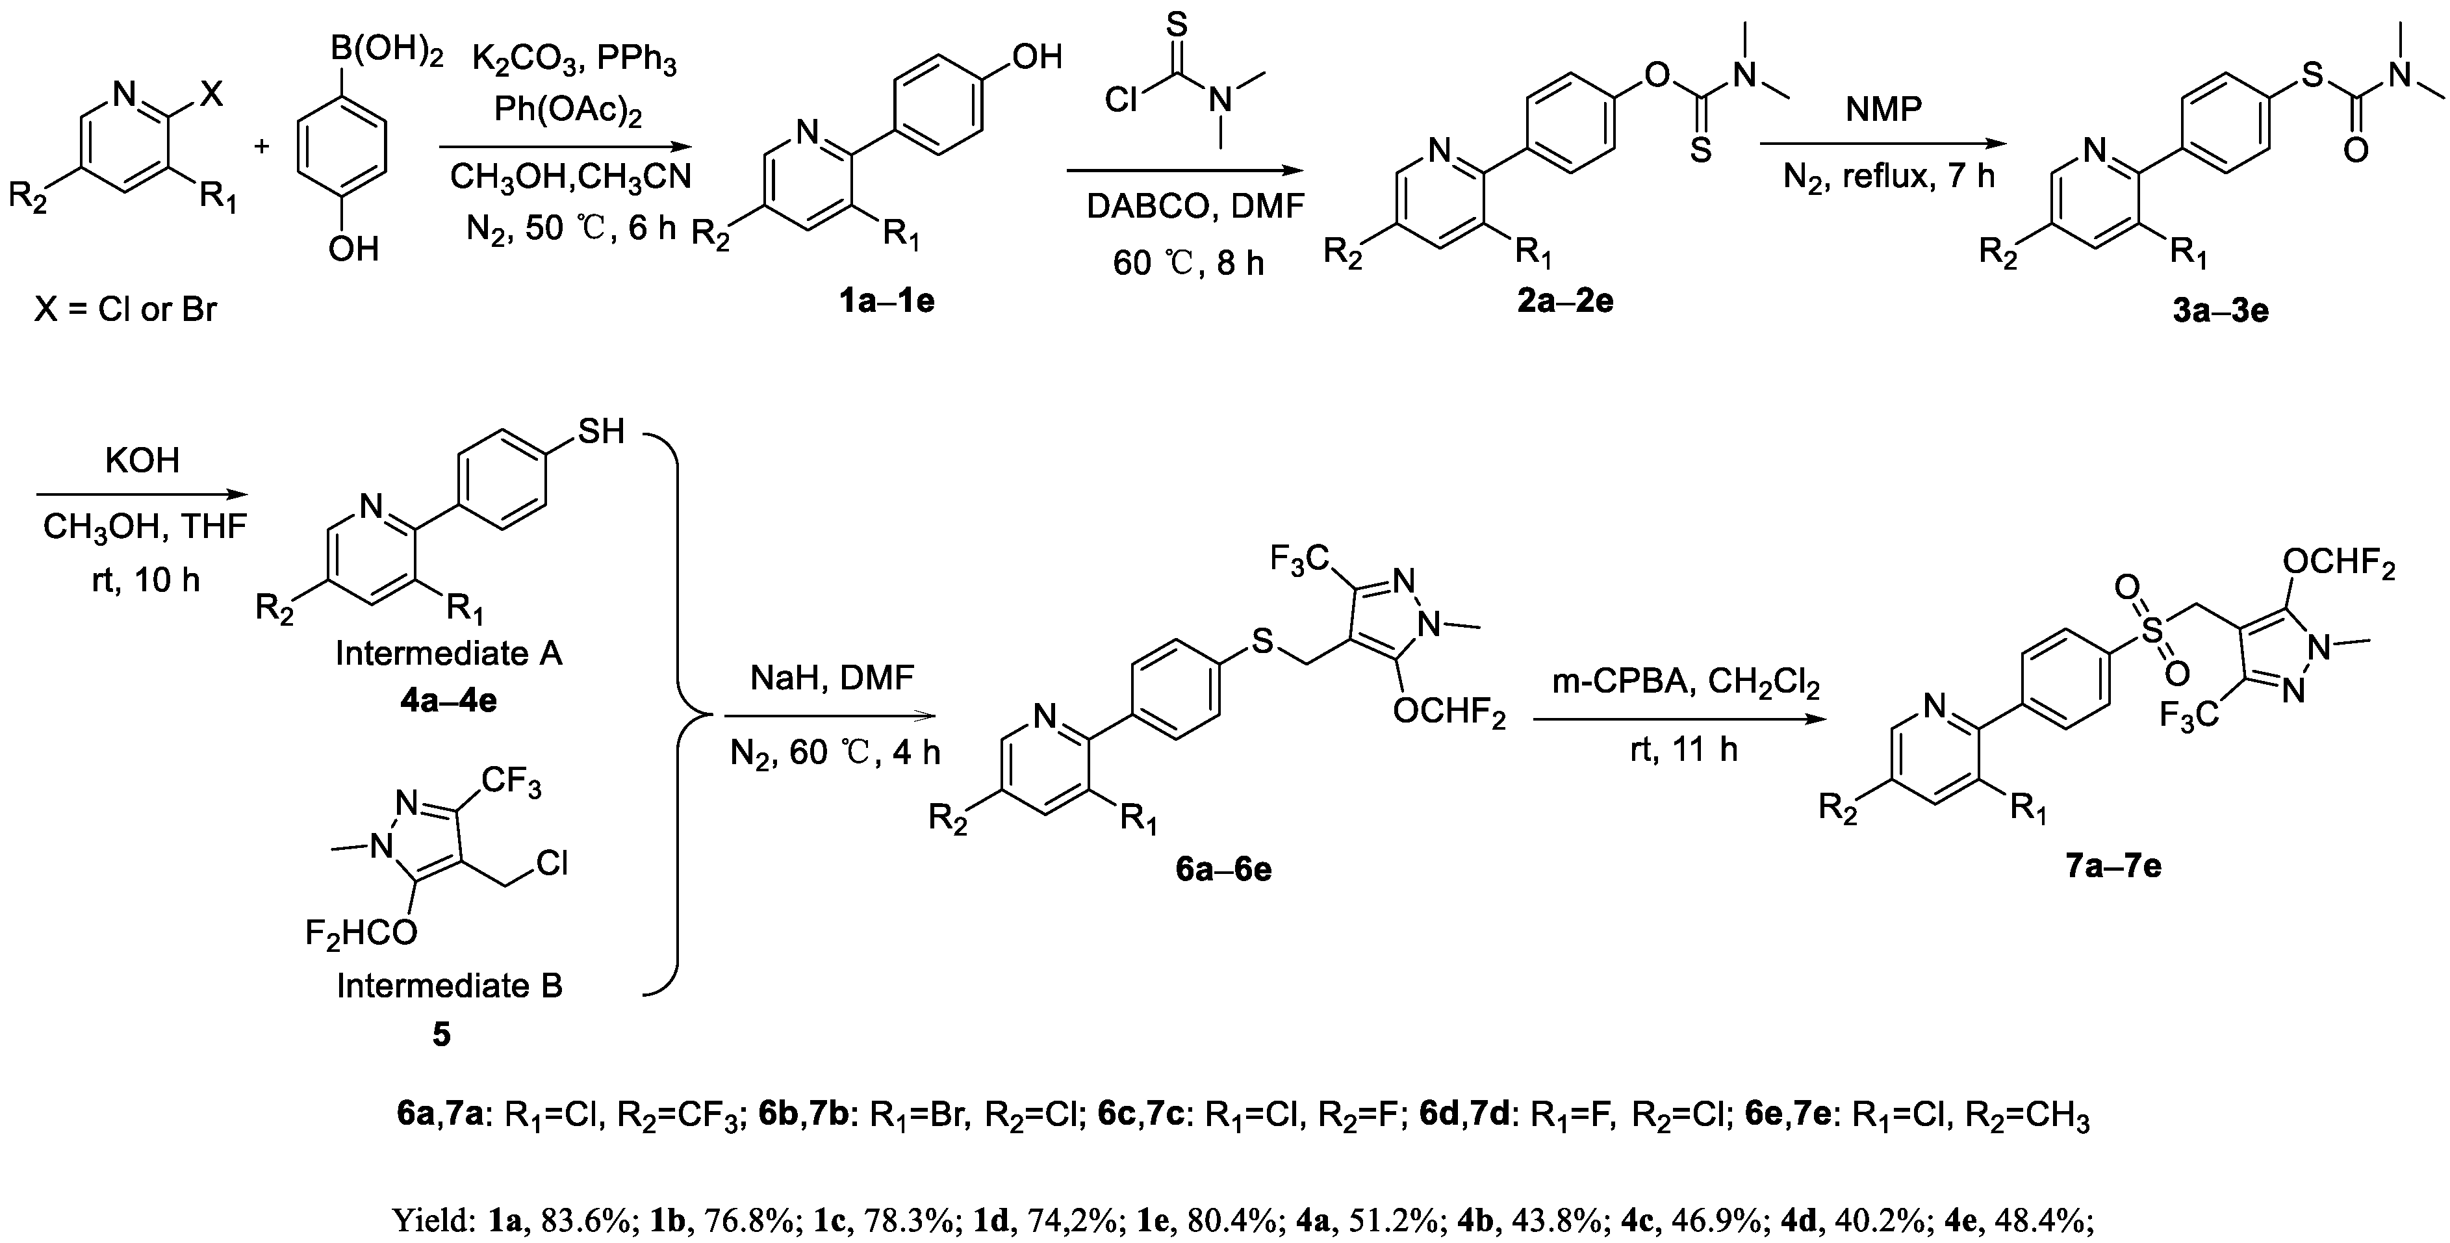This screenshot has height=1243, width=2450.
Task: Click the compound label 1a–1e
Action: click(886, 301)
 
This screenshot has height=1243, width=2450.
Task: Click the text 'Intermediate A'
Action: click(449, 654)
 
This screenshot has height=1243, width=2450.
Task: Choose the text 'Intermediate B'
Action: click(449, 985)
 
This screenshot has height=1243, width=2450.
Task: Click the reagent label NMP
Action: click(1883, 109)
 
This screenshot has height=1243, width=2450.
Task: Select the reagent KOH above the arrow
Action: click(143, 460)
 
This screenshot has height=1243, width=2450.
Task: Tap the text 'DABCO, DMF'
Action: click(1195, 207)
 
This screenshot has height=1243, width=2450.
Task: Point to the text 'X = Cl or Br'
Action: click(125, 309)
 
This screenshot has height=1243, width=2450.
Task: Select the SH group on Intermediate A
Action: click(601, 431)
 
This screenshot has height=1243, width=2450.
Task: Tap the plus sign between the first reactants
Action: click(262, 146)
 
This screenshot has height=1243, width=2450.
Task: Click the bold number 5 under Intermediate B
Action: click(441, 1034)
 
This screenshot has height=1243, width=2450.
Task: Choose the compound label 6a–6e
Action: click(1223, 869)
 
